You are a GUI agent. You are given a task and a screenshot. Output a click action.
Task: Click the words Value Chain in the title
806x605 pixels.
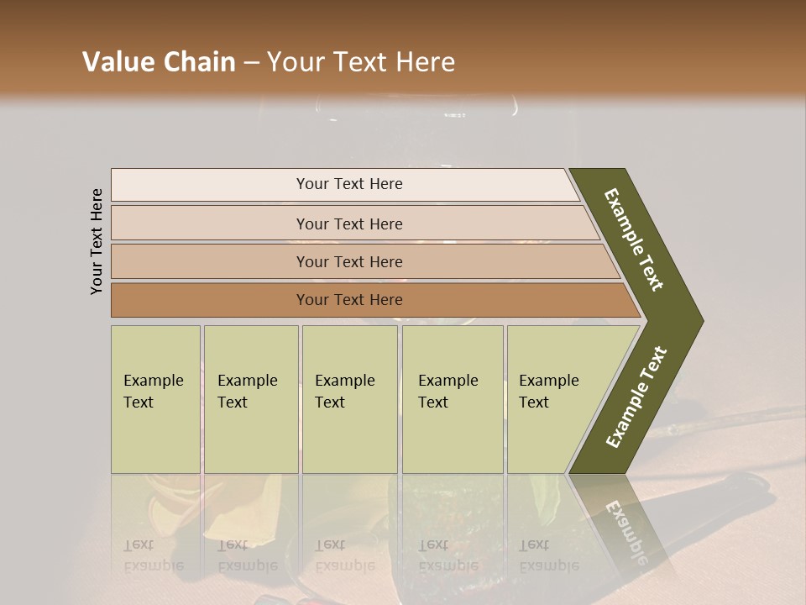[x=159, y=62]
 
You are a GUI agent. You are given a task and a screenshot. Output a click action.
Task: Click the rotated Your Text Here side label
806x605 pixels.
[x=97, y=242]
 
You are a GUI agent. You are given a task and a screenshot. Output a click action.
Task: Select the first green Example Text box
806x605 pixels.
[x=155, y=399]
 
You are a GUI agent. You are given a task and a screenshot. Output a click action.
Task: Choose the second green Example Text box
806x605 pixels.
[x=250, y=399]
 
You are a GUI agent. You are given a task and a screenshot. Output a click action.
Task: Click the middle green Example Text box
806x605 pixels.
[x=349, y=399]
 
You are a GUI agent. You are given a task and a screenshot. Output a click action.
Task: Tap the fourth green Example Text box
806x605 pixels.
[x=453, y=399]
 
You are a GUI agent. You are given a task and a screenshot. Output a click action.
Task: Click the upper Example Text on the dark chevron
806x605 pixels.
[x=634, y=239]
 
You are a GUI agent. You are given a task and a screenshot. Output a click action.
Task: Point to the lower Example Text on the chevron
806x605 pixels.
[x=636, y=397]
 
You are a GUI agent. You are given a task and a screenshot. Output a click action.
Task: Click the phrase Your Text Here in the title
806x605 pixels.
[x=361, y=62]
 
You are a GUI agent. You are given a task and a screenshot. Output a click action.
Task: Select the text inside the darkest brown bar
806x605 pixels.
[x=349, y=300]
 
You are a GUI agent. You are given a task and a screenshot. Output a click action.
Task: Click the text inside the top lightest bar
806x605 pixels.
[x=349, y=184]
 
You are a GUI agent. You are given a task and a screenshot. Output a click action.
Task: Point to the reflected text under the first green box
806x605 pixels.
[x=153, y=555]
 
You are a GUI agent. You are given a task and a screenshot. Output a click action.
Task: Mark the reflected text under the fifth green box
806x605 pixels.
[x=548, y=555]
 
